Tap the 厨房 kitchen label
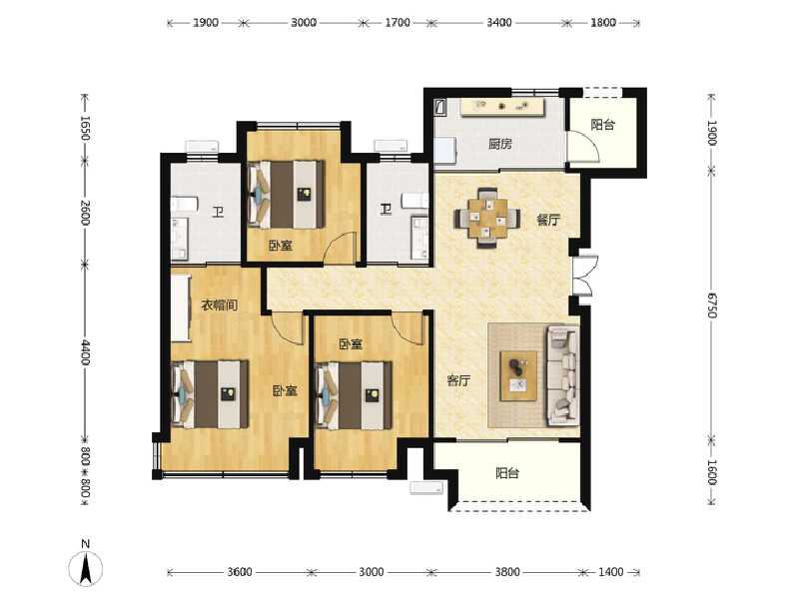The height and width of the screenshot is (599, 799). click(500, 144)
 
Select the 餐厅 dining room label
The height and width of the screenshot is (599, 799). click(548, 220)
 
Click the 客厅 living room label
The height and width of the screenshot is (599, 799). click(458, 380)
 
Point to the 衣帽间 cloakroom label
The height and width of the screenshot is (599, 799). click(219, 304)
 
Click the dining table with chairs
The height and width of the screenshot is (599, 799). click(487, 215)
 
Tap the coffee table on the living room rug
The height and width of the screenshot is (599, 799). click(518, 374)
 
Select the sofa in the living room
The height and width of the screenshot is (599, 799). click(562, 374)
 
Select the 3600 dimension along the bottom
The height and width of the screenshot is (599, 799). click(240, 572)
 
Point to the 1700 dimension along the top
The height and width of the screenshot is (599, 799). click(397, 21)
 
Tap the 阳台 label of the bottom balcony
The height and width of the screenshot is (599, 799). click(508, 474)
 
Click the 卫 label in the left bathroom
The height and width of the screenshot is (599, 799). click(217, 211)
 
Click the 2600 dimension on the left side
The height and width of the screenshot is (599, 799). click(86, 212)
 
